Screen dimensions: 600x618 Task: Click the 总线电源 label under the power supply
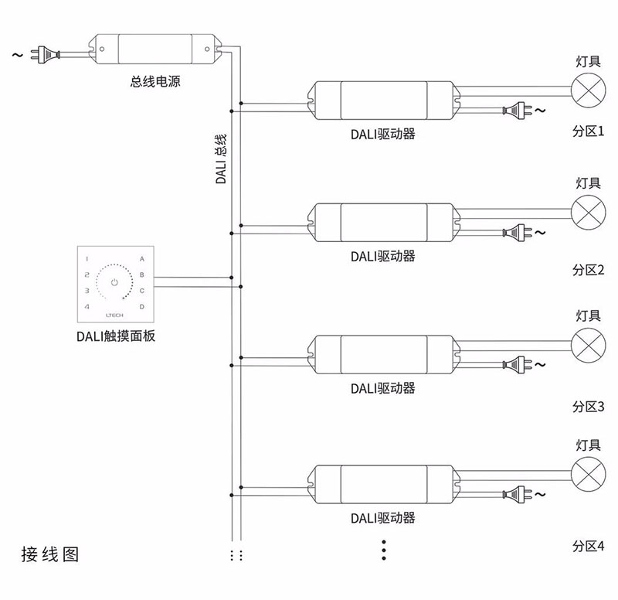[x=155, y=81]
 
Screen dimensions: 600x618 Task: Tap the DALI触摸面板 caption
[x=115, y=336]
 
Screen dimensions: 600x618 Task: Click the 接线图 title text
[x=50, y=554]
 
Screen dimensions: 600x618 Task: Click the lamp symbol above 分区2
[x=588, y=210]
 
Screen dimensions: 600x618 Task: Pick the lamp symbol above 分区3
[x=588, y=343]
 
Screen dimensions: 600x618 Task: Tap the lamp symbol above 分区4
[x=588, y=472]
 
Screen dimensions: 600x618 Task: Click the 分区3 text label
[x=588, y=406]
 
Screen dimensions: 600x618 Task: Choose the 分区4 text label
[x=588, y=546]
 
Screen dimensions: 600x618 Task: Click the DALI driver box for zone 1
[x=382, y=100]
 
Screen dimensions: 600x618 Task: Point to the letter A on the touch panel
[x=141, y=258]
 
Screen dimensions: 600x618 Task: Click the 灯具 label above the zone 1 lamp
[x=588, y=60]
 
